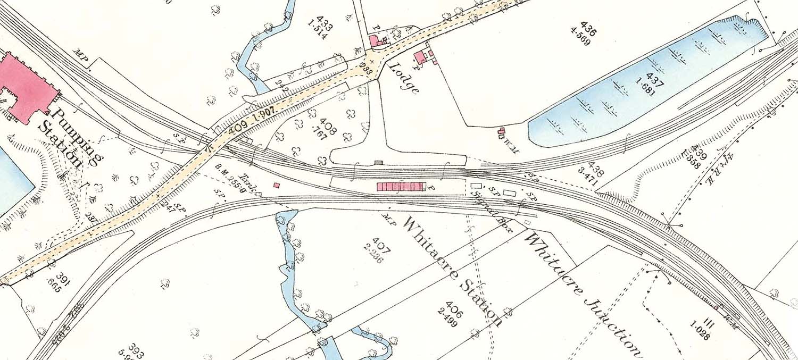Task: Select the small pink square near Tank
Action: click(276, 185)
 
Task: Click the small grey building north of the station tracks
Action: click(378, 162)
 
